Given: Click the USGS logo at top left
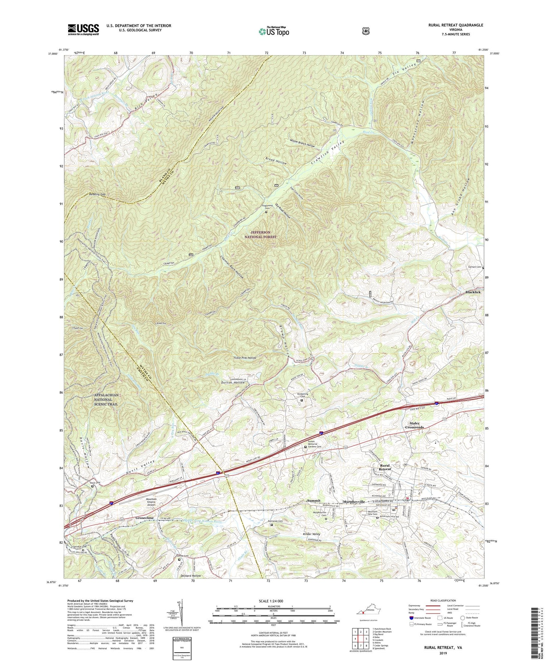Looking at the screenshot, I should coord(83,29).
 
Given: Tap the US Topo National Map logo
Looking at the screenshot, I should coord(274,31).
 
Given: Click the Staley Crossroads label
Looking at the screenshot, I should coord(414,425).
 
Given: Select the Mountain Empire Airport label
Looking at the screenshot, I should coord(149,502).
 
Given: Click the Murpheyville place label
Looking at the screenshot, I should coord(354,502).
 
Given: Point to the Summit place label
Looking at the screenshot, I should coord(314,501).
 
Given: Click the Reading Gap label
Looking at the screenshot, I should coord(97,194).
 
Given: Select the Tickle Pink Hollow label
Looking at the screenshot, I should coord(245,358).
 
